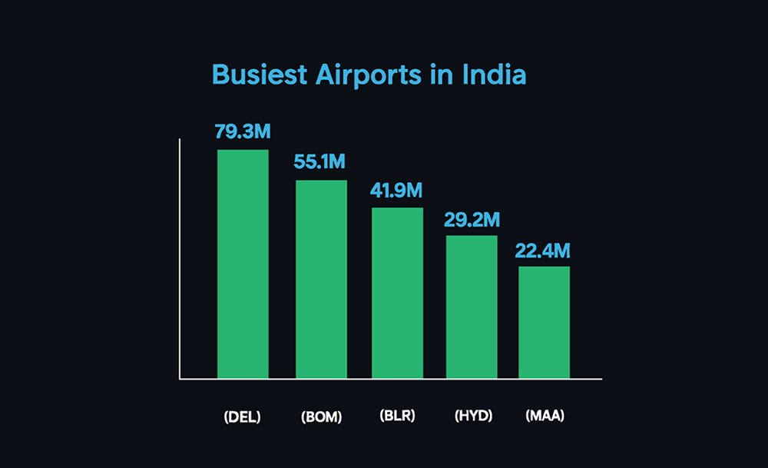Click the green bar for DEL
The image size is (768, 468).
(243, 264)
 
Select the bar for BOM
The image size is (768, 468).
(321, 279)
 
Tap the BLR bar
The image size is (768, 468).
(397, 293)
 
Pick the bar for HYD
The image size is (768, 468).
(472, 307)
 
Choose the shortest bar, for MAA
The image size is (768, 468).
(544, 322)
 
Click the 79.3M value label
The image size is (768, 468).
(243, 131)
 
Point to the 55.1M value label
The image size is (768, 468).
(321, 162)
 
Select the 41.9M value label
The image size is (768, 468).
(397, 191)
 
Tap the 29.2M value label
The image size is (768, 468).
(472, 220)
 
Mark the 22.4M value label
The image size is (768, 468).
(544, 251)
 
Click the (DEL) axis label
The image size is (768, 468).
(242, 417)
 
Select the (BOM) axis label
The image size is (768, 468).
(321, 417)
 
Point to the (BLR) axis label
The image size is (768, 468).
(397, 416)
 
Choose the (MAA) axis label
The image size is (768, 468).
(545, 416)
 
